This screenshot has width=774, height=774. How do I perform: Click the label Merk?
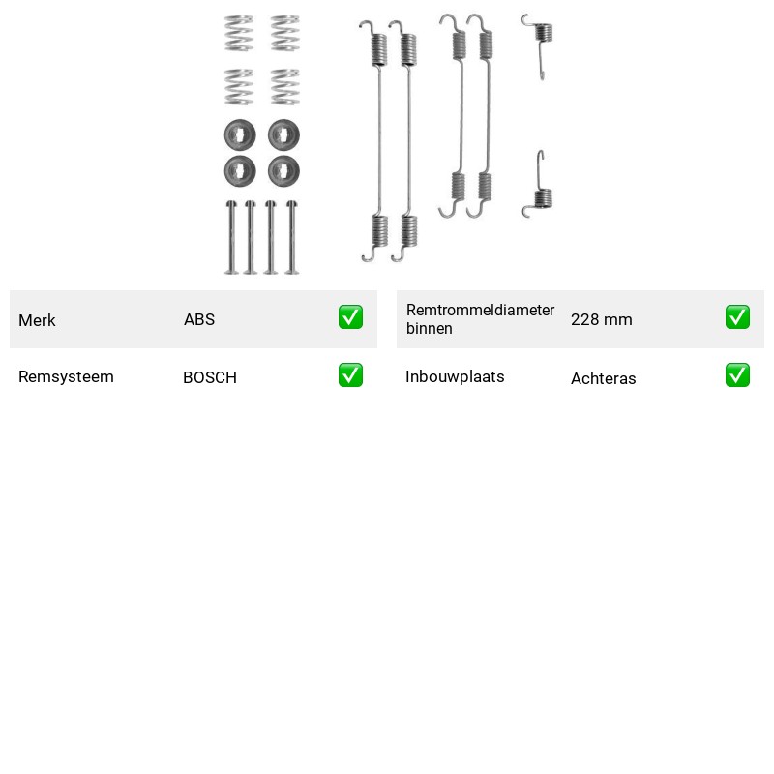pos(37,320)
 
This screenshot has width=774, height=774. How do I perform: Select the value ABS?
pos(199,319)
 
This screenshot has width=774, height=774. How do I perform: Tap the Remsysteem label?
pos(66,376)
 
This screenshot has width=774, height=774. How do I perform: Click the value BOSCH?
pos(210,377)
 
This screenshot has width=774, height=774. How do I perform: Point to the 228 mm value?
pos(601,319)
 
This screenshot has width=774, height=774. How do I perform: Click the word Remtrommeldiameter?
pos(480,310)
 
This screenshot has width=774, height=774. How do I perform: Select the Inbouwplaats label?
pos(455,376)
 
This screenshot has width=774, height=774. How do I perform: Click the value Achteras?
pos(603,378)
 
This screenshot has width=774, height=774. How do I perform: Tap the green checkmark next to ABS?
pos(350,317)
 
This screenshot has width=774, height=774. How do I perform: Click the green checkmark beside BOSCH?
pos(350,375)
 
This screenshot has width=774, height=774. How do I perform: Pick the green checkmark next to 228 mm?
pos(737,317)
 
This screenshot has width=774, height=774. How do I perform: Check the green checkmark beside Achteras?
pos(737,375)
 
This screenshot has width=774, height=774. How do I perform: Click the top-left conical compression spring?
pos(239,34)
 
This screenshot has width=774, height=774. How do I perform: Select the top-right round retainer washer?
pos(283,134)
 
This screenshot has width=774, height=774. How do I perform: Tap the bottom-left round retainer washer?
pos(240,171)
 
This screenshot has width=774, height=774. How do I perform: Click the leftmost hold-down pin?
pos(231,237)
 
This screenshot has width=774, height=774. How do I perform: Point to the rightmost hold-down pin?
pos(292,237)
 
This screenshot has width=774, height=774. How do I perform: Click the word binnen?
pos(429,328)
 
